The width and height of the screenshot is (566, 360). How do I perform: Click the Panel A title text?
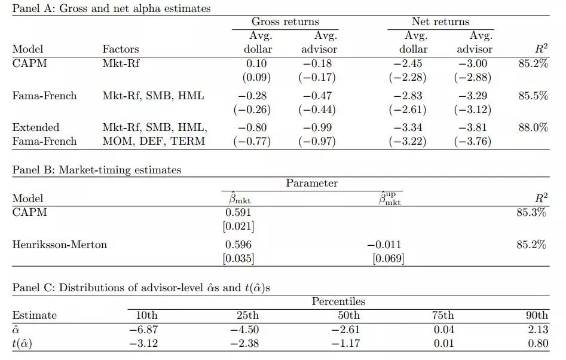111,8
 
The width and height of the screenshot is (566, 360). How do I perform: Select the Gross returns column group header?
284,22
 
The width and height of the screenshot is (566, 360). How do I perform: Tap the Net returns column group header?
440,22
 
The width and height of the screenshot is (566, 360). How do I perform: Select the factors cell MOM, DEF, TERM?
154,142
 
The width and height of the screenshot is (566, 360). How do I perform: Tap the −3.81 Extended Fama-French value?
473,127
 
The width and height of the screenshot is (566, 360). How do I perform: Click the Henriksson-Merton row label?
60,245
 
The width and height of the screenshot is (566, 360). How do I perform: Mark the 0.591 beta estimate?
238,212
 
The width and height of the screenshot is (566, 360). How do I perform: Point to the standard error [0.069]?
388,259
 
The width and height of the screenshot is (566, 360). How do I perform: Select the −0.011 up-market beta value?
384,245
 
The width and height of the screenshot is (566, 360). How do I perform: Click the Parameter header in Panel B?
311,184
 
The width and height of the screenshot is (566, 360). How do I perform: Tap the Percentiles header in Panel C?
338,301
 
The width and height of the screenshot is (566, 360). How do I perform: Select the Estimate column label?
35,316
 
